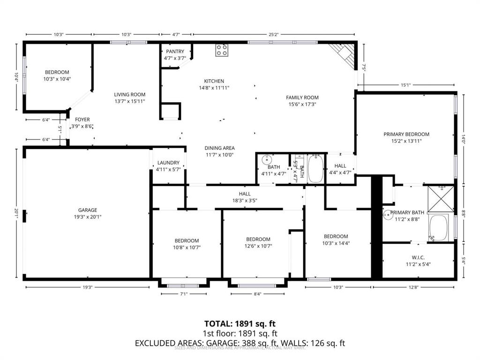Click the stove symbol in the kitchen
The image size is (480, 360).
coord(222,50)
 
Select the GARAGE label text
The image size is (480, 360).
coord(88,210)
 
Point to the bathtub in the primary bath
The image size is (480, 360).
coord(439,228)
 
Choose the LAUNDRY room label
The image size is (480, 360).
coord(168,163)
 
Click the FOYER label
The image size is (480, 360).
coord(82,120)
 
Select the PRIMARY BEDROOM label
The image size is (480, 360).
coord(410,134)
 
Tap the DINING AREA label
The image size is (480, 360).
coord(219,148)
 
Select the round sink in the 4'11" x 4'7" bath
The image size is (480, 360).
coord(266,159)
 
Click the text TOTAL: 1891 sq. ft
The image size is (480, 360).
coord(240,324)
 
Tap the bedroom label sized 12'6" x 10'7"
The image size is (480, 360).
coord(258,239)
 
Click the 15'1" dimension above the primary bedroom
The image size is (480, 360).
coord(406,85)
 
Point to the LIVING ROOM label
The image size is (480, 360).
coord(130,94)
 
